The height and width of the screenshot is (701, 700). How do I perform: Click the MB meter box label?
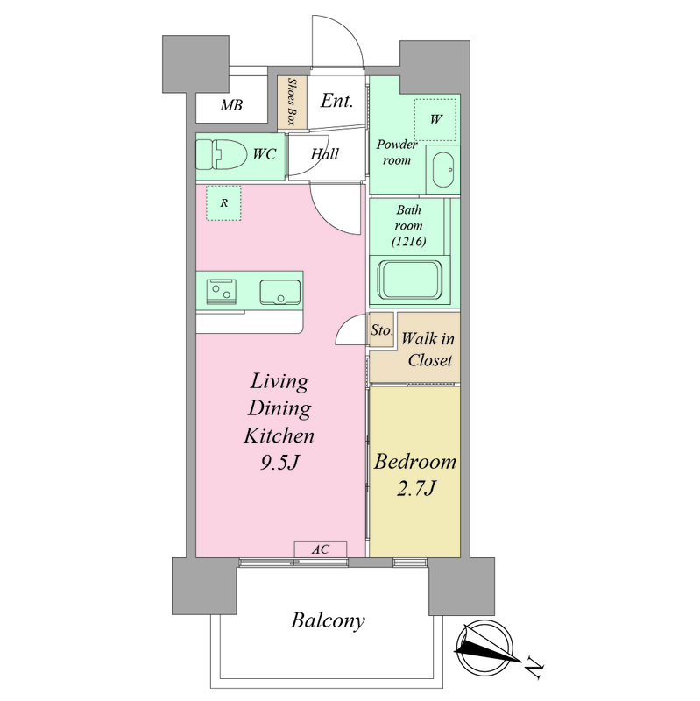click(x=231, y=105)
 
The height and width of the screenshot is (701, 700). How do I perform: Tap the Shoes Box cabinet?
click(x=292, y=103)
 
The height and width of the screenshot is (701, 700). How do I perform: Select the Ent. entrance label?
click(x=336, y=101)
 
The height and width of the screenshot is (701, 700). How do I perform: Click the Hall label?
click(x=324, y=154)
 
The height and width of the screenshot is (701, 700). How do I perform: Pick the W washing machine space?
click(x=435, y=119)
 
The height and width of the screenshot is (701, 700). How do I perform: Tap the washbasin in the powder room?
click(x=443, y=171)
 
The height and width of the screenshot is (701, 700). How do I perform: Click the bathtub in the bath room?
click(x=410, y=280)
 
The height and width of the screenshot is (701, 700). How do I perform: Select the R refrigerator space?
click(x=223, y=203)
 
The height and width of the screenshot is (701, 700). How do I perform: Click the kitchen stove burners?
click(x=222, y=292)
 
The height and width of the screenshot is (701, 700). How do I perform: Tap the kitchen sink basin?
click(x=280, y=293)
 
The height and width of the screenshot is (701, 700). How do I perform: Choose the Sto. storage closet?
click(x=381, y=330)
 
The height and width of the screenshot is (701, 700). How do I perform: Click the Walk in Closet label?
click(x=428, y=349)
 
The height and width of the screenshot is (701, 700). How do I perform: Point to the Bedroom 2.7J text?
click(x=415, y=475)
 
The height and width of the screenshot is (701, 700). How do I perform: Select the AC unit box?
click(x=321, y=549)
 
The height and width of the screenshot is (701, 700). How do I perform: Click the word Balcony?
click(x=328, y=620)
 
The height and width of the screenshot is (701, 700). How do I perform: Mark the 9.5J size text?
click(x=279, y=464)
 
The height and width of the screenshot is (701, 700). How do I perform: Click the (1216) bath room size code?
click(x=408, y=242)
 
